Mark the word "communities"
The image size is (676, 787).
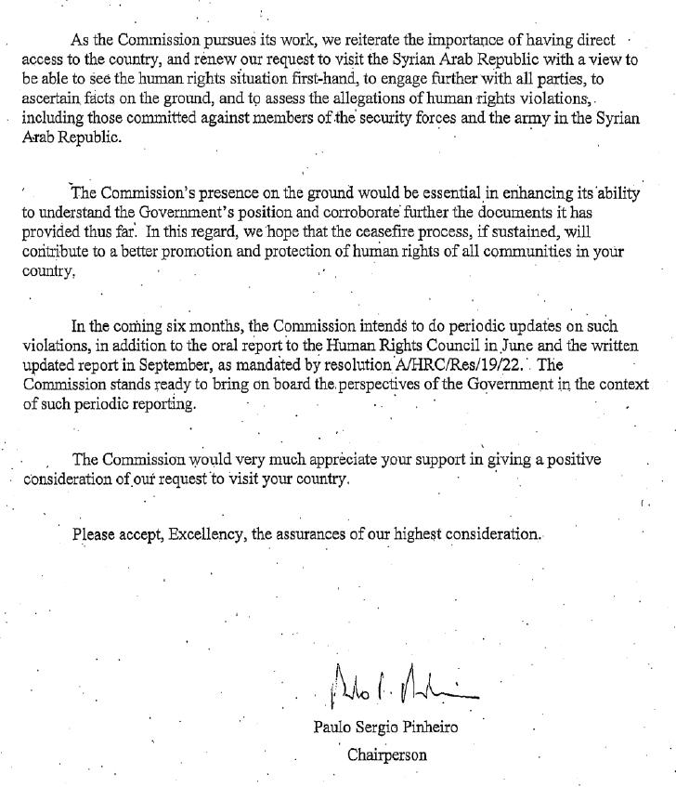click(507, 252)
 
